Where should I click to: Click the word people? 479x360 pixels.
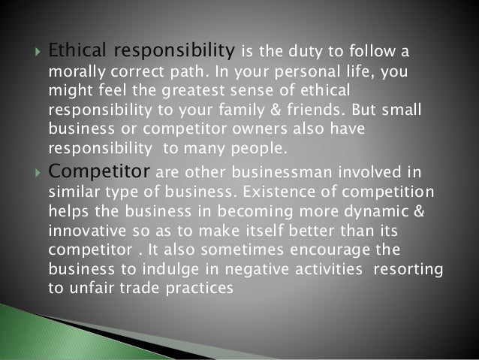[269, 147]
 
